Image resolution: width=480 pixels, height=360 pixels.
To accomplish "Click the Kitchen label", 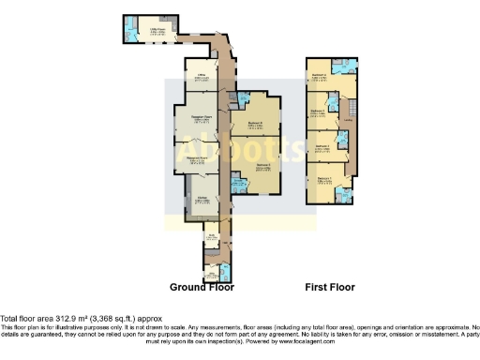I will tap(201, 199).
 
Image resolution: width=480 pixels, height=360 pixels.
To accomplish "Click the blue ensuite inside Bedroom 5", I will tap(239, 187).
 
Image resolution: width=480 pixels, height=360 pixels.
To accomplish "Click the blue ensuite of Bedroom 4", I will tap(347, 66).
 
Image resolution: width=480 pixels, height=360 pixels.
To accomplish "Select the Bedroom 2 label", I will tap(321, 146).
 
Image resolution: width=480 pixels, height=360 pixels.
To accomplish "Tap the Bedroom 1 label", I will tap(323, 179).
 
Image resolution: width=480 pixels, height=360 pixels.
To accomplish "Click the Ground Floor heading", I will tap(202, 287).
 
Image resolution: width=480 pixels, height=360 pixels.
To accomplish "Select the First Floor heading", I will tap(330, 287).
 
